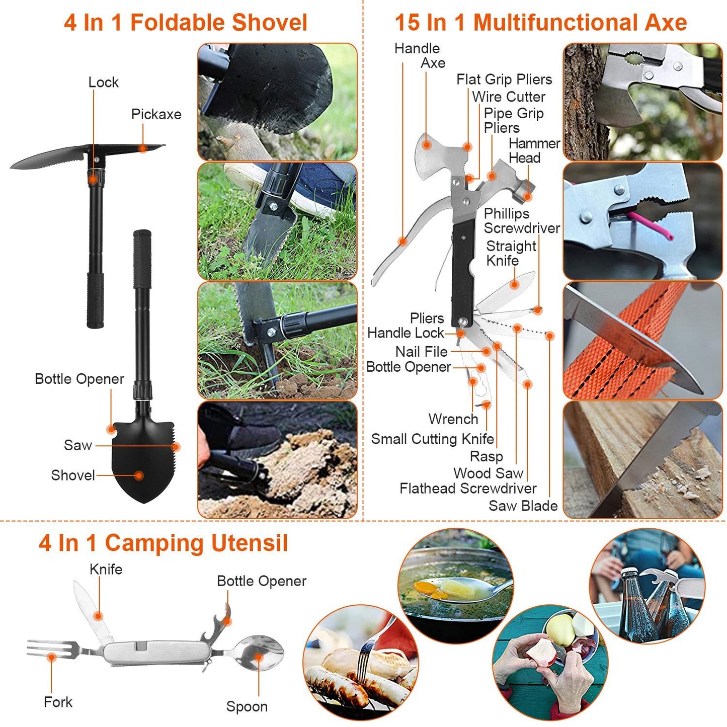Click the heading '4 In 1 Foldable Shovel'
[185, 23]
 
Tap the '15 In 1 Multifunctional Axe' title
[540, 23]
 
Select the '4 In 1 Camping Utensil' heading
[163, 543]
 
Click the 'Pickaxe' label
[156, 114]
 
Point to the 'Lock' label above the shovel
[103, 82]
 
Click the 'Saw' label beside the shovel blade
[78, 445]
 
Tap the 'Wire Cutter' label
[509, 97]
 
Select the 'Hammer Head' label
[534, 150]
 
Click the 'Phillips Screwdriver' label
[521, 221]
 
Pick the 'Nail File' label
[421, 352]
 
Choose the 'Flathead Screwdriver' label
[468, 489]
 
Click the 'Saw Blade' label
[523, 506]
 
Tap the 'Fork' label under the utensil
[58, 702]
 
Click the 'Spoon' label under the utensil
[247, 707]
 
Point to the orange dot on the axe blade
[427, 145]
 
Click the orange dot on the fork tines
[51, 657]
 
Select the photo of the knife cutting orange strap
[642, 341]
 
